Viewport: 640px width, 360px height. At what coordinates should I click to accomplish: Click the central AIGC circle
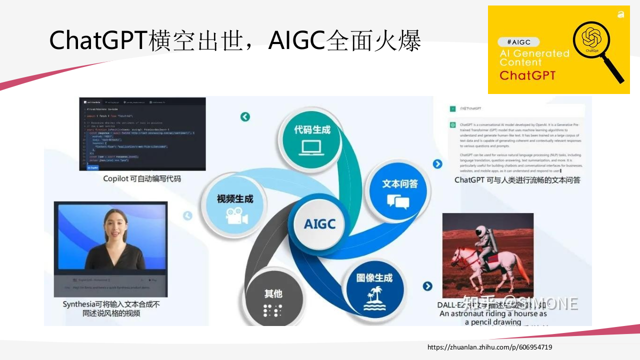pyautogui.click(x=319, y=223)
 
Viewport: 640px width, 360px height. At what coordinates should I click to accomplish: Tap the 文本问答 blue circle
pyautogui.click(x=399, y=191)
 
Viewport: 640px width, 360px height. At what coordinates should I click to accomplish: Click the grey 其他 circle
pyautogui.click(x=273, y=300)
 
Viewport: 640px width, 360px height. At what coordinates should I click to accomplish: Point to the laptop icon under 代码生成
pyautogui.click(x=312, y=148)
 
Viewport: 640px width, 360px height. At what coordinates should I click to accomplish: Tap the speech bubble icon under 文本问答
pyautogui.click(x=398, y=201)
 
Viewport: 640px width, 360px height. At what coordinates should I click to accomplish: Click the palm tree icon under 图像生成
pyautogui.click(x=374, y=299)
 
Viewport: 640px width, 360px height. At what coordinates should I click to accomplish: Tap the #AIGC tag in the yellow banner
pyautogui.click(x=518, y=42)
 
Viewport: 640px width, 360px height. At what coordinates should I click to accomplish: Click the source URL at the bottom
pyautogui.click(x=489, y=347)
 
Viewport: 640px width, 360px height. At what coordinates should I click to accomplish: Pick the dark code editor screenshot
pyautogui.click(x=142, y=133)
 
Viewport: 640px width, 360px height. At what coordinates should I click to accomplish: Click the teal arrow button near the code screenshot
pyautogui.click(x=245, y=116)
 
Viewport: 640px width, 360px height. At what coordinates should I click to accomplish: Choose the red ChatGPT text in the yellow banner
pyautogui.click(x=527, y=75)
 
